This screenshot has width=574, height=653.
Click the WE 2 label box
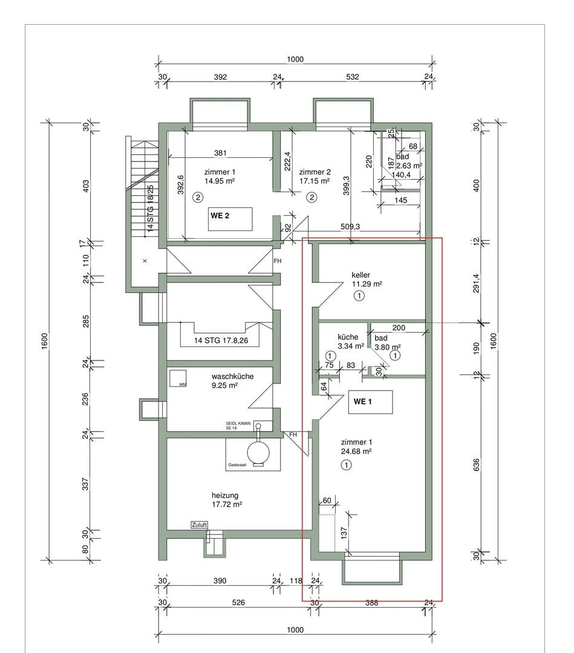click(230, 219)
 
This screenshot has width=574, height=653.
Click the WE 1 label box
click(370, 402)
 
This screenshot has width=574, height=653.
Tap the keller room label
click(360, 275)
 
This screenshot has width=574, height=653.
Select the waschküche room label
click(232, 377)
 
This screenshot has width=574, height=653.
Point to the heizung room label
click(225, 495)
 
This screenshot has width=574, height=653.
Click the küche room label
click(348, 337)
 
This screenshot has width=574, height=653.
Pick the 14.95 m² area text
click(220, 181)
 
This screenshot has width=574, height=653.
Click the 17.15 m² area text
click(315, 181)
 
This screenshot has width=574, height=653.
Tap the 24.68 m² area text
click(356, 452)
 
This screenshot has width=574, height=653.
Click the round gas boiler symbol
click(258, 450)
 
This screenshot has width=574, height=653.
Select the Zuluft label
click(199, 525)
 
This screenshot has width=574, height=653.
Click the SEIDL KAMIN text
click(238, 423)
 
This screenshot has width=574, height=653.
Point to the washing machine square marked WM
click(178, 378)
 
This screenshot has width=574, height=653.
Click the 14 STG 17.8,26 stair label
click(221, 340)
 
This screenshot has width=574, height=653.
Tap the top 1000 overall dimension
click(295, 59)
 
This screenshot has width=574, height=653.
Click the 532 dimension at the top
click(353, 77)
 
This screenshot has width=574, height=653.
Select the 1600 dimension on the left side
click(45, 342)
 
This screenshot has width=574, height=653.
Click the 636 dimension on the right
click(477, 465)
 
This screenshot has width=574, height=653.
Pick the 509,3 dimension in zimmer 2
click(350, 227)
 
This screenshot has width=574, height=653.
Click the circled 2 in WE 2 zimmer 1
click(198, 197)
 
